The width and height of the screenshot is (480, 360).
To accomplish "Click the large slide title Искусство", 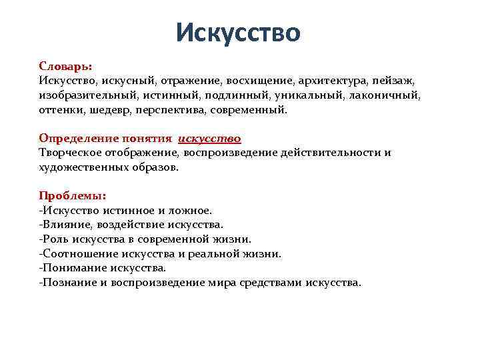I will click(239, 31).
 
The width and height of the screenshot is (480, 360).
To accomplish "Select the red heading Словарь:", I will click(65, 67).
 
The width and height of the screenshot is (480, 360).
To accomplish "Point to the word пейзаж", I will click(395, 81).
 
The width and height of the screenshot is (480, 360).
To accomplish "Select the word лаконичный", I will click(394, 95).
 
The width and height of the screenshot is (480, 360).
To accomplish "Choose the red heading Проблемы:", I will click(71, 196).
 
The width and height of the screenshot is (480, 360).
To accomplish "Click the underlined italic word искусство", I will click(209, 139).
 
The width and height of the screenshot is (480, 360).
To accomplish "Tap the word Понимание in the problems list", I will click(69, 268).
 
